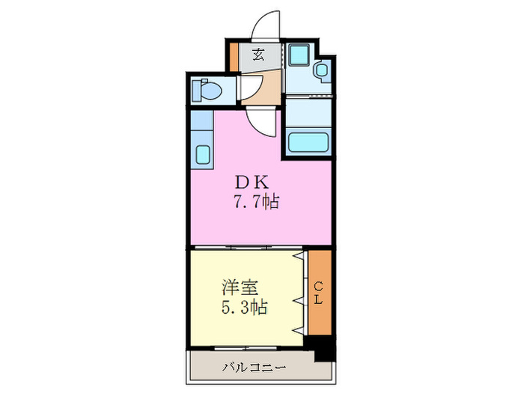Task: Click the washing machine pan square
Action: [x=298, y=55]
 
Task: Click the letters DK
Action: [x=246, y=183]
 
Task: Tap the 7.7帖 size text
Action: [x=256, y=201]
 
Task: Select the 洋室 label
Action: [x=240, y=287]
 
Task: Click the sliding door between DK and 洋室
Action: [x=247, y=246]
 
